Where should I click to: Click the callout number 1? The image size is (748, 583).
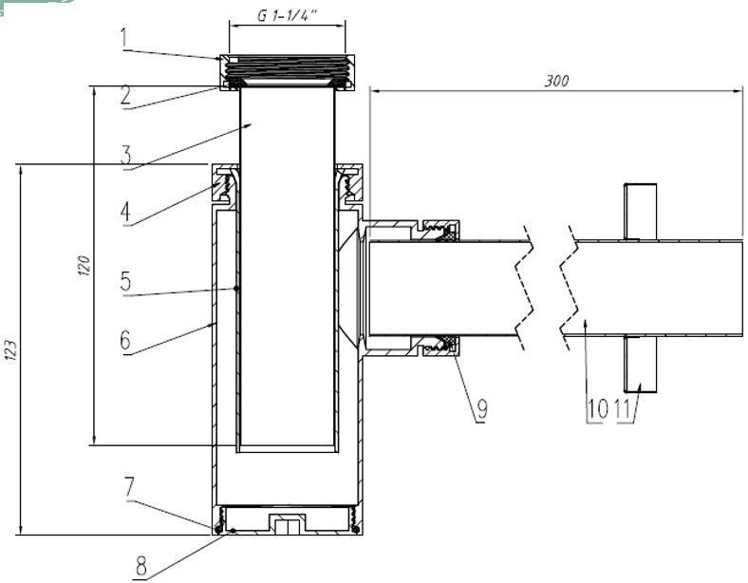[x=124, y=38]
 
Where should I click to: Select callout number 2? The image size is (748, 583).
[x=126, y=95]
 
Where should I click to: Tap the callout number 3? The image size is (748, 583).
[x=126, y=155]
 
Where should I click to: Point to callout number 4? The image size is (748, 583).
[x=125, y=212]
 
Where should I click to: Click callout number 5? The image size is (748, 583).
[x=125, y=281]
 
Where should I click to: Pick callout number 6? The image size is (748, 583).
[x=125, y=340]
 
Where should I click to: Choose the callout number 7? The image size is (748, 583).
[x=130, y=487]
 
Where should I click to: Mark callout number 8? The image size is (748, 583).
[x=141, y=567]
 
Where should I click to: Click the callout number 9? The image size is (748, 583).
[x=482, y=409]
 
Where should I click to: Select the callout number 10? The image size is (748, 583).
[x=597, y=409]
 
